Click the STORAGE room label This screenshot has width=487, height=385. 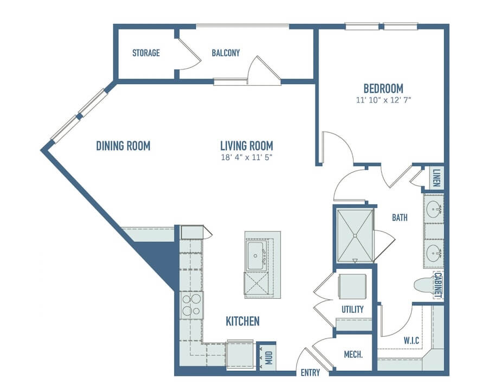click(146, 53)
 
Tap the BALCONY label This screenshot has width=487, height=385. click(226, 53)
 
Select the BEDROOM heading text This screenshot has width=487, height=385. click(383, 88)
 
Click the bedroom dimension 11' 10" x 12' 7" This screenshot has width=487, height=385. click(383, 100)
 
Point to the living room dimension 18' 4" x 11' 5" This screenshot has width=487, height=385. click(247, 157)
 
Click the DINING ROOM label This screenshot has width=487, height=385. click(123, 146)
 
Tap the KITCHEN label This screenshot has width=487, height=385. click(242, 322)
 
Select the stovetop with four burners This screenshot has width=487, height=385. click(191, 305)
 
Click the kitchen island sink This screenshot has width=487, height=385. click(256, 255)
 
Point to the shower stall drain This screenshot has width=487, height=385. click(355, 236)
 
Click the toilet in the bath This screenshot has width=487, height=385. click(425, 285)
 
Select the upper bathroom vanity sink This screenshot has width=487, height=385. click(433, 208)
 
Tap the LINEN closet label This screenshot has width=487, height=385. click(437, 178)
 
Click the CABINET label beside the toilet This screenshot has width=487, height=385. click(438, 285)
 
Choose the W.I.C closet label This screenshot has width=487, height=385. click(411, 341)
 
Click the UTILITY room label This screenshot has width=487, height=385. click(353, 309)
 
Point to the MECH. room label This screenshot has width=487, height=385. click(353, 354)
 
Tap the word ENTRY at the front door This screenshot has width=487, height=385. click(310, 373)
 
